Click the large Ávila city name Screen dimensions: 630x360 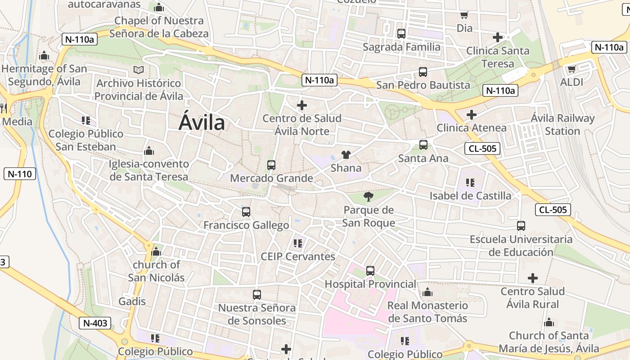pos(202,122)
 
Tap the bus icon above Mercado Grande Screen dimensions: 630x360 pos(271,165)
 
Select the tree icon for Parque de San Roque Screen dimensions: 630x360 pos(368,196)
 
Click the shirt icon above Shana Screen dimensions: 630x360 pos(346,155)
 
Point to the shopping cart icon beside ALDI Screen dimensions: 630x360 pos(571,69)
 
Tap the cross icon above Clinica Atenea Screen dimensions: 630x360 pos(471,115)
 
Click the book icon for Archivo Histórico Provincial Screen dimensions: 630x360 pos(139,70)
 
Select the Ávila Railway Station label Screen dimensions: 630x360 pos(562,125)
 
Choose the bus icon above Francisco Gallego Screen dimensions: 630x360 pos(246,212)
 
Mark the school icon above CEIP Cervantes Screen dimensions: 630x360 pos(297,243)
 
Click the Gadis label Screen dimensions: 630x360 pos(132,301)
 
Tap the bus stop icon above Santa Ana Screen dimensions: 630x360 pos(423,145)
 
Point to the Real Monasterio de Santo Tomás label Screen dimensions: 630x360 pos(427,312)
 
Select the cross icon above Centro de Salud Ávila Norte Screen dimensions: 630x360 pos(302,106)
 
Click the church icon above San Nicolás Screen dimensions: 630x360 pos(156,252)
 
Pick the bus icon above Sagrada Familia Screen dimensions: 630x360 pos(401,34)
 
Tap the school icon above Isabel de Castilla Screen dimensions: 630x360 pos(470,182)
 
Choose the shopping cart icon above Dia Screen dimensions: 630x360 pos(464,15)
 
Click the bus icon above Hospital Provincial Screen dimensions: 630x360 pos(370,271)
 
